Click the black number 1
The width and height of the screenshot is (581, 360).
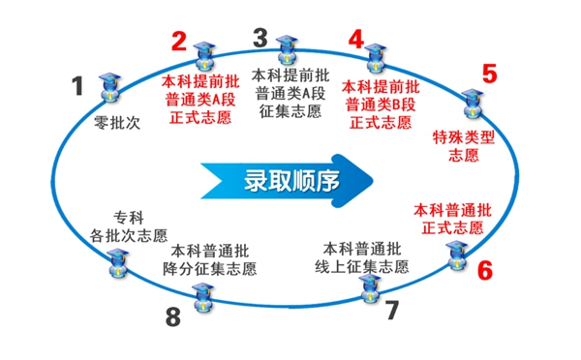[78, 86]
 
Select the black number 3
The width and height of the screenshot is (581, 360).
[260, 38]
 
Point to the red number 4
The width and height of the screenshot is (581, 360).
[356, 40]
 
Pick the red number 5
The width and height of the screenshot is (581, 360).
[489, 74]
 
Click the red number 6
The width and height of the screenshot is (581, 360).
[484, 270]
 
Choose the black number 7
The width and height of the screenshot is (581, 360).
[391, 312]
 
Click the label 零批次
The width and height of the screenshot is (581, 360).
[117, 124]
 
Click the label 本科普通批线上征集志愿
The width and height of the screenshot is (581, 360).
[355, 255]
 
